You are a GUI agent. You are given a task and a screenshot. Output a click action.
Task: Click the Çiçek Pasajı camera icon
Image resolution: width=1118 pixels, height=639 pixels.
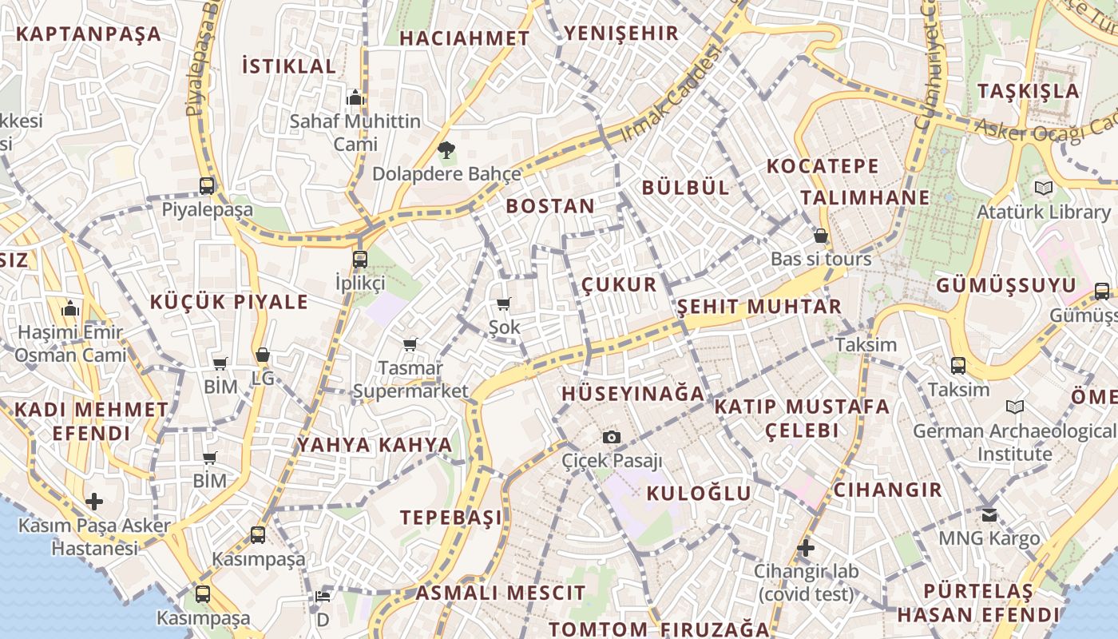tap(612, 437)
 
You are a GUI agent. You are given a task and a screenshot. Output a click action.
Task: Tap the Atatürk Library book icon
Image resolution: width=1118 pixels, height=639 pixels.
tap(1043, 189)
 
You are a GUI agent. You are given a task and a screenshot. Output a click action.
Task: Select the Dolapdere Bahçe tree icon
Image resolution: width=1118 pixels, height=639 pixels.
tap(446, 149)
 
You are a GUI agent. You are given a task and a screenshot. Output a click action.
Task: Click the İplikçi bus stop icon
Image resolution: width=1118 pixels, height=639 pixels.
tap(360, 259)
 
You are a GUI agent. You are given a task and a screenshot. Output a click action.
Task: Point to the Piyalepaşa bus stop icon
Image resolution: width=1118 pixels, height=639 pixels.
tap(207, 186)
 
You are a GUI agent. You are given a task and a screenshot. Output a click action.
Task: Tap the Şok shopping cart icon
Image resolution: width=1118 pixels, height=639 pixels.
tap(503, 304)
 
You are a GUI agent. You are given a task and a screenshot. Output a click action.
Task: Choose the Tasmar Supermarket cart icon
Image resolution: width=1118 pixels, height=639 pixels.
tap(410, 345)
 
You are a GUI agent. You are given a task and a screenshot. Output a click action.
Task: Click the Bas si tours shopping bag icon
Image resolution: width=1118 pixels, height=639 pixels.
tap(820, 236)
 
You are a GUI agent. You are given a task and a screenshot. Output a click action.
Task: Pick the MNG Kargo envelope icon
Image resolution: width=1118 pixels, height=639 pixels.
tap(989, 515)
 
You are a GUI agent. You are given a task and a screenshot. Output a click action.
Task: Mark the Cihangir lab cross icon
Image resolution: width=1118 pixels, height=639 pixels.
tap(806, 548)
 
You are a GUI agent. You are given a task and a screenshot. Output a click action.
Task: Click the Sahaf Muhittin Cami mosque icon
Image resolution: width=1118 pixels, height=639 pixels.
tap(355, 98)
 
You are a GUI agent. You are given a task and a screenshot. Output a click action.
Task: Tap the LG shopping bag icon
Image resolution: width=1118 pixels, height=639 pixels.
tap(262, 355)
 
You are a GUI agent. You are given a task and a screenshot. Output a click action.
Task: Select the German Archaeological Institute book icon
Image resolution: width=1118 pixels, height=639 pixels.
tap(1015, 407)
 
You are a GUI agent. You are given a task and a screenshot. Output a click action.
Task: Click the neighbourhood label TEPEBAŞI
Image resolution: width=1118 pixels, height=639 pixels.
tap(452, 517)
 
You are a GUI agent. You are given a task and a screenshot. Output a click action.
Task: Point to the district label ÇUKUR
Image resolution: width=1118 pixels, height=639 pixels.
tap(618, 284)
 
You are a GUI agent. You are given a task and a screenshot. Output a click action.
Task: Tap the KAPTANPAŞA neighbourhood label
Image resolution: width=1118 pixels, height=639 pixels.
tap(88, 34)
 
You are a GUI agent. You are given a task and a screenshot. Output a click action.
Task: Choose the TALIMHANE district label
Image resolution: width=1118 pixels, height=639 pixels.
tap(865, 197)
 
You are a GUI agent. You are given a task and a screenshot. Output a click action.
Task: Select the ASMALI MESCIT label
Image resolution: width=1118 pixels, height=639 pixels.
tap(500, 593)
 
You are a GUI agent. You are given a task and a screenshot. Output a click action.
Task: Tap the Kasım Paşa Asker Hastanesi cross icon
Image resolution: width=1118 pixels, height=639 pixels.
tap(94, 502)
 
